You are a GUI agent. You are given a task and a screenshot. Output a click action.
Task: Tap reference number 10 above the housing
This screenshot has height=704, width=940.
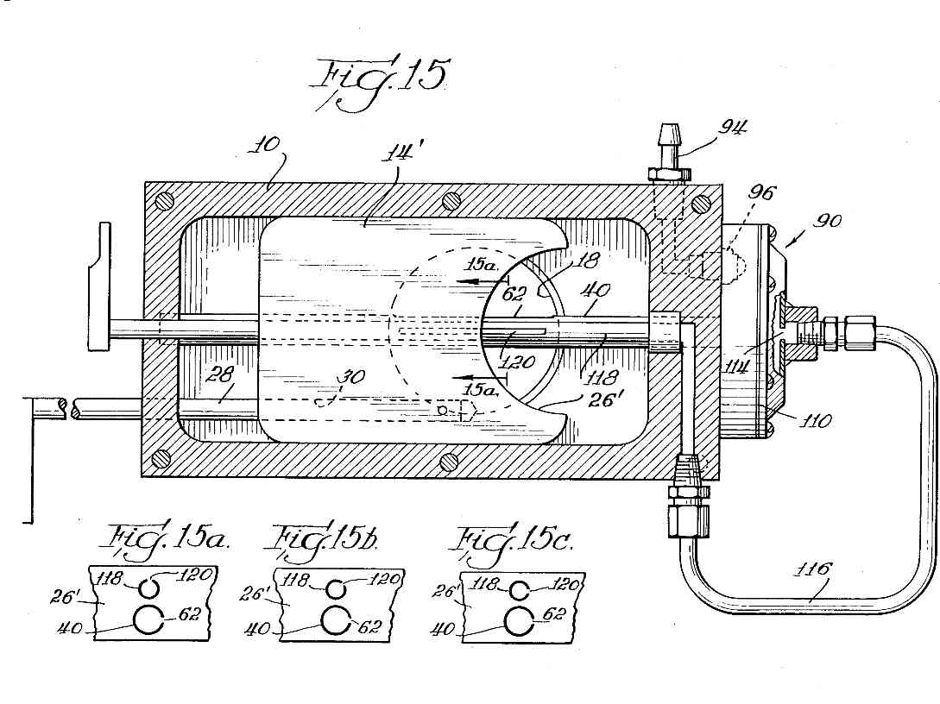click(x=266, y=147)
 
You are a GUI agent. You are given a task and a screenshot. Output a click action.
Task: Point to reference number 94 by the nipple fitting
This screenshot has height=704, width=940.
click(x=734, y=128)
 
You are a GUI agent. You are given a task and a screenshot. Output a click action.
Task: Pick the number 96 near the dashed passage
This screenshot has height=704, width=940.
click(x=760, y=193)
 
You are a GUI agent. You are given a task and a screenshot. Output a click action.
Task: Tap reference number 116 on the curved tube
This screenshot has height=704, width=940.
click(x=813, y=569)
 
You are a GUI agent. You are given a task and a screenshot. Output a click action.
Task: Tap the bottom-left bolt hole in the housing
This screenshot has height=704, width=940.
click(x=160, y=459)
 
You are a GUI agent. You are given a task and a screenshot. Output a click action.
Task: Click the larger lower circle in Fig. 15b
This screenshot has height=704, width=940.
click(x=337, y=620)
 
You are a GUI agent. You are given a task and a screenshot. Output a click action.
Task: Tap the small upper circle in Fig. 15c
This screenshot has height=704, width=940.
click(x=519, y=591)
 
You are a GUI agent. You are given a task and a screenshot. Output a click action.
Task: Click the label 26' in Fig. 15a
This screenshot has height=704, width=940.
click(x=66, y=597)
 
